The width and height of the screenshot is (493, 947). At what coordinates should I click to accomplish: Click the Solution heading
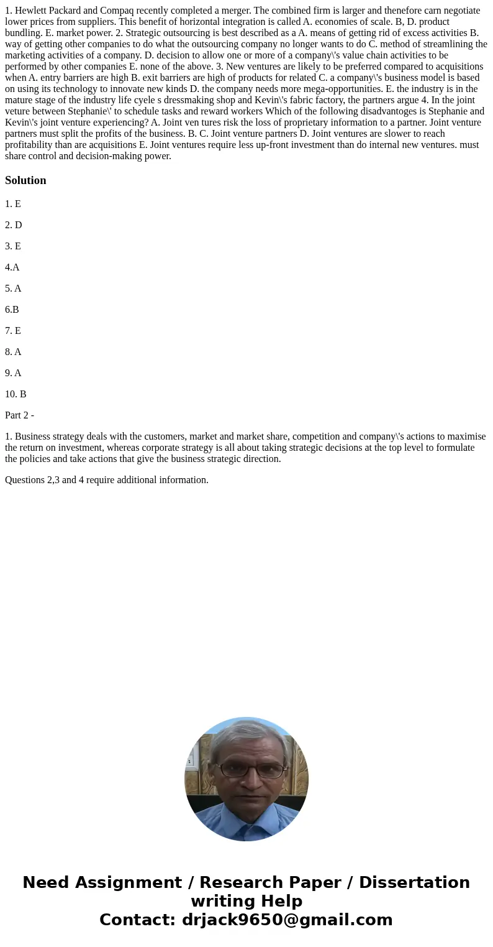pyautogui.click(x=25, y=180)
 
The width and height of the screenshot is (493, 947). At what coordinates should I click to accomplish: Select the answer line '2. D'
pyautogui.click(x=14, y=225)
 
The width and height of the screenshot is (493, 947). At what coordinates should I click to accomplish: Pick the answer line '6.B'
pyautogui.click(x=12, y=310)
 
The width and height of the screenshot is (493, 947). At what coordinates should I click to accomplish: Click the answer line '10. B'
pyautogui.click(x=16, y=394)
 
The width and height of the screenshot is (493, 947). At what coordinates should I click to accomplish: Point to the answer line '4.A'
pyautogui.click(x=12, y=267)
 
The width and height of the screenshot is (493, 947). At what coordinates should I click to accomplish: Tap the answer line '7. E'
pyautogui.click(x=13, y=331)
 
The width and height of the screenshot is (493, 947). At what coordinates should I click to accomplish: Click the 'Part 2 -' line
pyautogui.click(x=19, y=415)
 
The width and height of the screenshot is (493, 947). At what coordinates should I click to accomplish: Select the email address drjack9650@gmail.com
pyautogui.click(x=287, y=920)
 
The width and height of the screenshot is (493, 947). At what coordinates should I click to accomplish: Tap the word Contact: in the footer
pyautogui.click(x=138, y=920)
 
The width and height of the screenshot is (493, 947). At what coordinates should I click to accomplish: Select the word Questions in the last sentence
pyautogui.click(x=24, y=480)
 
